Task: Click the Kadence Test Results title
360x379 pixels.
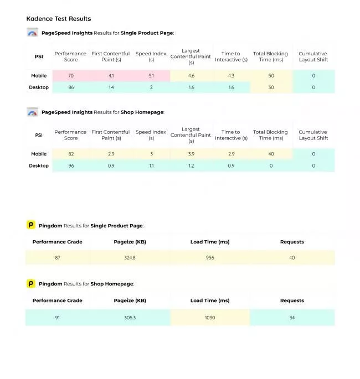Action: (58, 19)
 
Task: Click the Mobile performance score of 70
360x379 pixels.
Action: (71, 76)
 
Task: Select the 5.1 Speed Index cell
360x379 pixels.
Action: (151, 76)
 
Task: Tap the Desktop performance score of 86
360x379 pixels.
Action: (71, 87)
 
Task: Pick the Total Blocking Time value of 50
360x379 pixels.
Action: (271, 76)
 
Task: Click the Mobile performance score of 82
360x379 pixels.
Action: (71, 154)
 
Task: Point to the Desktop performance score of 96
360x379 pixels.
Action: (71, 165)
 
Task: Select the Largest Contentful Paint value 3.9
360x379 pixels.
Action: (191, 154)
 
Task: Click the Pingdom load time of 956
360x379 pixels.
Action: (210, 258)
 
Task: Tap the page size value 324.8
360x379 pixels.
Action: (130, 258)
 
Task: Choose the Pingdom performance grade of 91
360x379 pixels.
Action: (58, 318)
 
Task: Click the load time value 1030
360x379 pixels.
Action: (210, 318)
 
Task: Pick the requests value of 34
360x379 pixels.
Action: (292, 318)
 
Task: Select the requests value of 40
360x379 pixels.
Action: (292, 258)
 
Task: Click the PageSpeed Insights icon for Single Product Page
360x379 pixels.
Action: (32, 33)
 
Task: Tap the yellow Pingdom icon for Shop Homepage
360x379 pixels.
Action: (31, 284)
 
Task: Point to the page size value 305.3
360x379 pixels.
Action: (130, 318)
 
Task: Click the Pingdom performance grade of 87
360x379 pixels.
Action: (58, 258)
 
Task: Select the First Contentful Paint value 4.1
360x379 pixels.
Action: (111, 76)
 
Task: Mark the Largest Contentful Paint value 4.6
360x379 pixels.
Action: (191, 76)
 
